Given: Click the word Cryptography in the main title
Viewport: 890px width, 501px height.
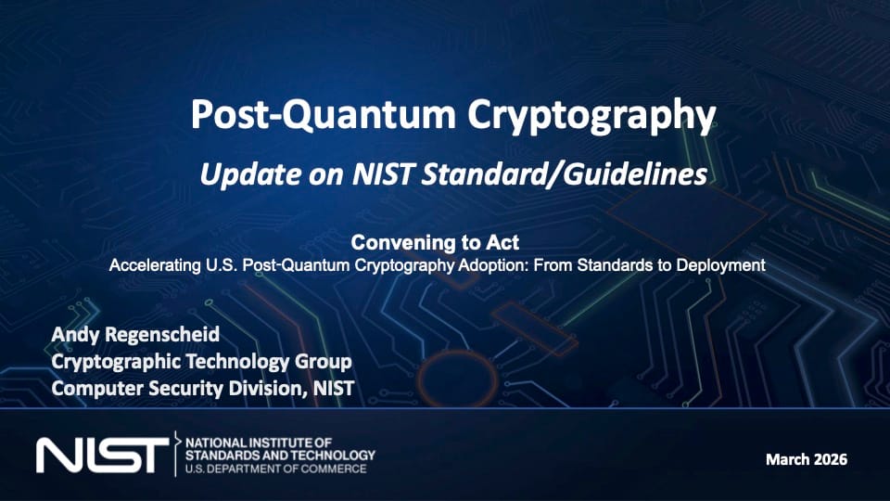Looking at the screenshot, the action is [591, 116].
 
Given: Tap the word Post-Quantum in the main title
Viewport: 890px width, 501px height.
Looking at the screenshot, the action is [323, 115].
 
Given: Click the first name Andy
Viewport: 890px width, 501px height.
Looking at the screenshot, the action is [75, 335].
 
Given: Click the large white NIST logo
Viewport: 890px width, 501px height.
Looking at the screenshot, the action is [102, 455].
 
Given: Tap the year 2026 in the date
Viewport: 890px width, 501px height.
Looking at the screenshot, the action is [831, 459].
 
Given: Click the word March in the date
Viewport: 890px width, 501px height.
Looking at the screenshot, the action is [787, 459].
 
